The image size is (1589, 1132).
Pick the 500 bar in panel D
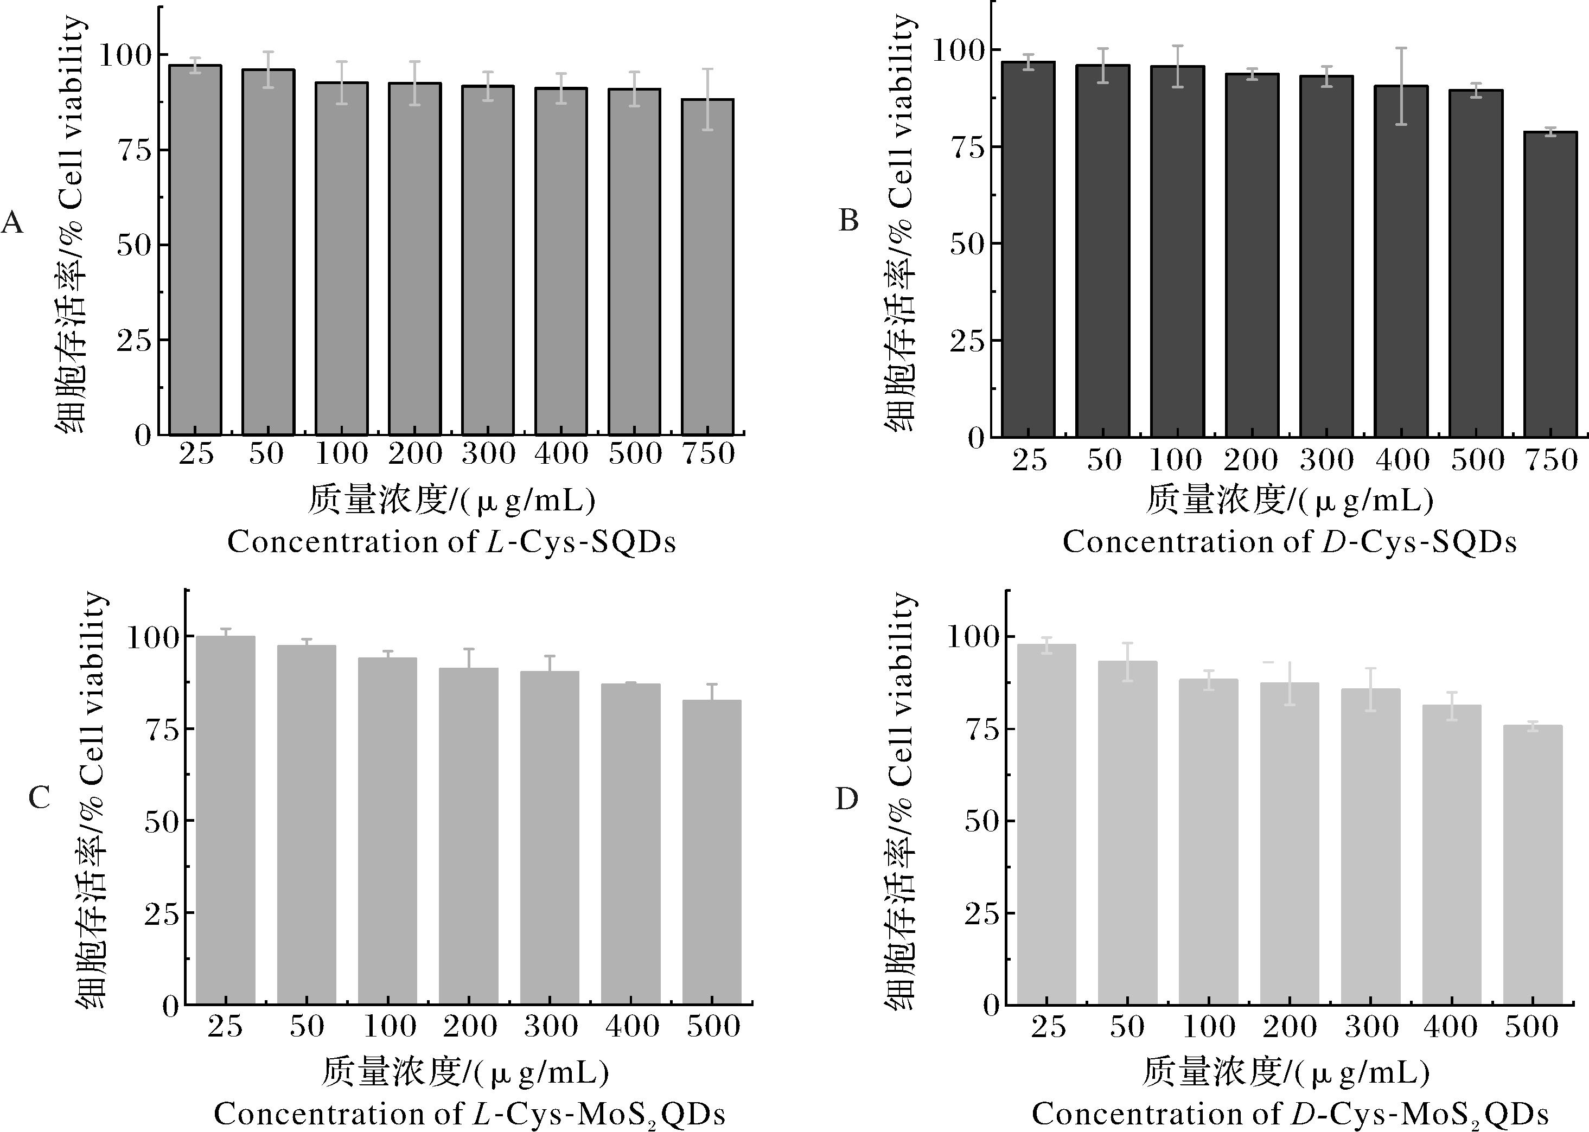pyautogui.click(x=1533, y=865)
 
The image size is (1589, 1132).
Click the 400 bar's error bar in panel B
pyautogui.click(x=1401, y=86)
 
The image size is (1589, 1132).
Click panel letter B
pyautogui.click(x=848, y=221)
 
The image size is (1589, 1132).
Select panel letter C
pyautogui.click(x=39, y=797)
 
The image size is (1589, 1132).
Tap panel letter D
pyautogui.click(x=846, y=800)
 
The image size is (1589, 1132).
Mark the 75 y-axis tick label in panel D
pyautogui.click(x=982, y=729)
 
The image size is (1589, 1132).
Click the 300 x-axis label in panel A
pyautogui.click(x=488, y=454)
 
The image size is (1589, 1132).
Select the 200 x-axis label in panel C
pyautogui.click(x=469, y=1026)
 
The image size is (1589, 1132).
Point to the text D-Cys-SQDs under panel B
pyautogui.click(x=1419, y=542)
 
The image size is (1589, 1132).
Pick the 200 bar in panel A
pyautogui.click(x=415, y=259)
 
